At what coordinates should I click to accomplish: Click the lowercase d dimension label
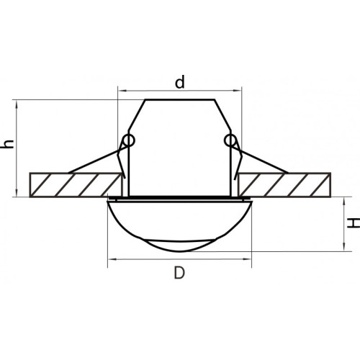(x=180, y=82)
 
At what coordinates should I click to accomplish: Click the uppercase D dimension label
(x=179, y=273)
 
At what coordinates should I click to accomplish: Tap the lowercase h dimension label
(x=7, y=144)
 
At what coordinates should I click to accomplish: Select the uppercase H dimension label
(x=354, y=222)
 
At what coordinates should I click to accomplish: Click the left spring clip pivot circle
(x=129, y=140)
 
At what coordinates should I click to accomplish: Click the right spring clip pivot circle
(x=230, y=140)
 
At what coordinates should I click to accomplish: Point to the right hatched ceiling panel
(x=285, y=185)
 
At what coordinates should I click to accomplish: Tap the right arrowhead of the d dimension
(x=238, y=91)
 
